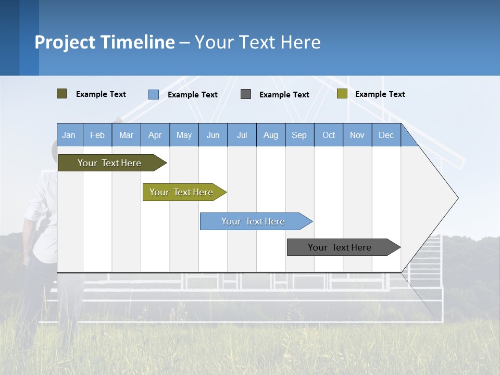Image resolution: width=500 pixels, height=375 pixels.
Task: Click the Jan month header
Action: tap(69, 135)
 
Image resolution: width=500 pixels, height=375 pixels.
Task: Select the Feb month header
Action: tap(97, 135)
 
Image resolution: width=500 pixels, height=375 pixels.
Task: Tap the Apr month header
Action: tap(155, 135)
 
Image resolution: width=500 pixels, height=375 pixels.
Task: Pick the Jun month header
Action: tap(213, 135)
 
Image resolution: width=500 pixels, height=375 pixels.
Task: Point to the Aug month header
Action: tap(271, 135)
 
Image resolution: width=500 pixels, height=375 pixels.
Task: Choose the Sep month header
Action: tap(299, 135)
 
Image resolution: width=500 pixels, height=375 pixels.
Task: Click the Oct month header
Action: tap(329, 135)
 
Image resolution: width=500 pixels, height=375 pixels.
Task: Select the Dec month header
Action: tap(386, 135)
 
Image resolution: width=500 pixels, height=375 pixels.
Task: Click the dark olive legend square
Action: tap(62, 94)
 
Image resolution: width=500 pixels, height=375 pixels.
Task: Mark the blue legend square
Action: tap(154, 94)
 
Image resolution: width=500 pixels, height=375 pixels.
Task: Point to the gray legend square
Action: tap(246, 94)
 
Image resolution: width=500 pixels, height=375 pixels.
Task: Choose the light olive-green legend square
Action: tap(342, 94)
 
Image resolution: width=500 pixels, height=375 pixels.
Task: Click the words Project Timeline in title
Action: tap(105, 42)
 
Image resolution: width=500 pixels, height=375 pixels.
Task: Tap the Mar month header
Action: tap(127, 135)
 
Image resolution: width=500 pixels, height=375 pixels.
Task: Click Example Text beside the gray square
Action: tap(284, 95)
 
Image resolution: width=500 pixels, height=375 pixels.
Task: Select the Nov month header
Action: tap(357, 135)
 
